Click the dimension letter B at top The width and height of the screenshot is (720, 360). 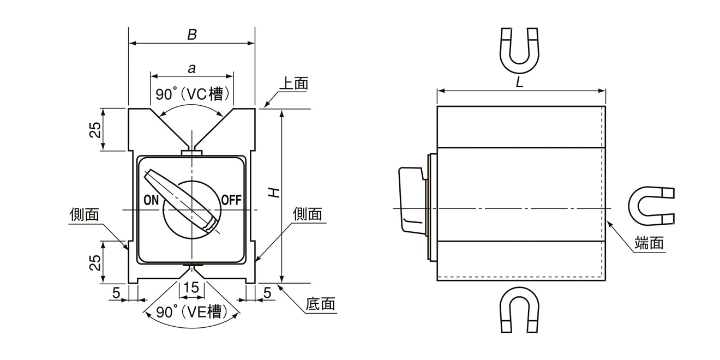(x=191, y=35)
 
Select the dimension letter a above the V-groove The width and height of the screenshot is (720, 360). (x=191, y=68)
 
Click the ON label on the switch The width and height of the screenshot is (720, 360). (x=151, y=200)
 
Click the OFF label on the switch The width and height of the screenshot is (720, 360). (x=231, y=200)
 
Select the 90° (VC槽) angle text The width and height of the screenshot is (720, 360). (x=189, y=94)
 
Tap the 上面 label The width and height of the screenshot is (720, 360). (x=293, y=83)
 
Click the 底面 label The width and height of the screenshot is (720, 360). (x=320, y=304)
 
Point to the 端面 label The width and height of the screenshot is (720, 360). (x=650, y=243)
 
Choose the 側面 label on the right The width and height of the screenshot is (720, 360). (x=307, y=214)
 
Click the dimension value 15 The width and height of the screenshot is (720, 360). (x=191, y=287)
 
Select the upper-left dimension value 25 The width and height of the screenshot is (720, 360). (x=95, y=130)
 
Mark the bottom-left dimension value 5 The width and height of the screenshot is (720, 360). (x=116, y=293)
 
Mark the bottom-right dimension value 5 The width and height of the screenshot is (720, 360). (x=267, y=293)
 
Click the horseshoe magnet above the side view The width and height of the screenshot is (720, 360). (x=519, y=50)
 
